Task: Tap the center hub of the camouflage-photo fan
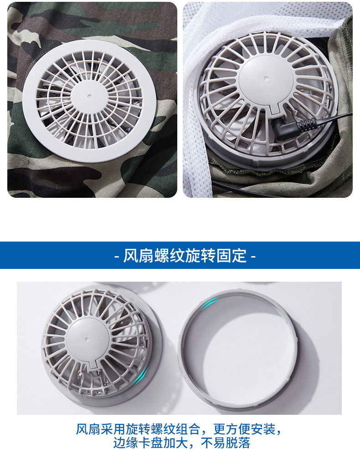[90, 96]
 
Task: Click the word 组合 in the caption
[188, 430]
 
